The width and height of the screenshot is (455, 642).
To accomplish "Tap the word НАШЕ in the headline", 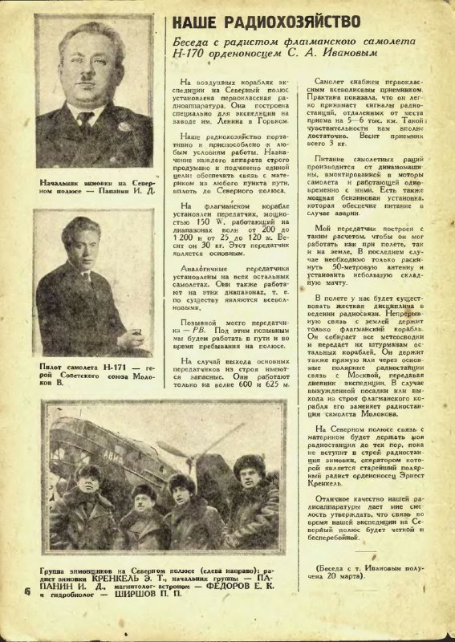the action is point(196,22).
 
